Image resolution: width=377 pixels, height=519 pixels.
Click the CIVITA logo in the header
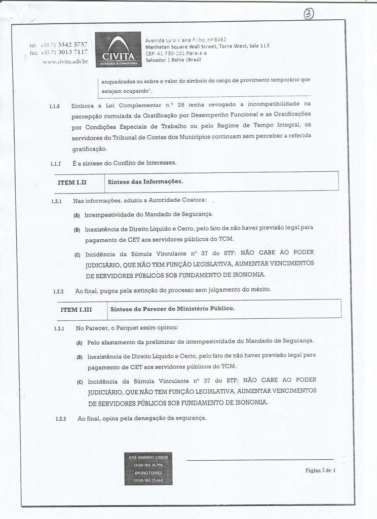coord(118,49)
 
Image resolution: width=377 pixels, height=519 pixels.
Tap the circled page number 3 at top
coord(308,14)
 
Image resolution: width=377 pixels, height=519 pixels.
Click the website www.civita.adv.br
coord(65,61)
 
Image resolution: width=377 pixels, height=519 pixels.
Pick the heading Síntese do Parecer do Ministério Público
coord(173,308)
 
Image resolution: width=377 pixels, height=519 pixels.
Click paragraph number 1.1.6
coord(55,106)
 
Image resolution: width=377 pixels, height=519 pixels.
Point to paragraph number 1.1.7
coord(56,164)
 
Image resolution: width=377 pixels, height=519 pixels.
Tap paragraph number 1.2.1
coord(57,202)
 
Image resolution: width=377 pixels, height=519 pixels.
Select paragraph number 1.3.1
coord(58,328)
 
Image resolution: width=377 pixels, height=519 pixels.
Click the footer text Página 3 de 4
coord(320,470)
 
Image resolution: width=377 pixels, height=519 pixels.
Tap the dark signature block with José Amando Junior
coord(148,468)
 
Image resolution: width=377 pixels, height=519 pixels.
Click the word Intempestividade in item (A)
coord(105,214)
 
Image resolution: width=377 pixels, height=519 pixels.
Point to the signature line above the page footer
coord(259,460)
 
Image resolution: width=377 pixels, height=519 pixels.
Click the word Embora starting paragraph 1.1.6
coord(83,105)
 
